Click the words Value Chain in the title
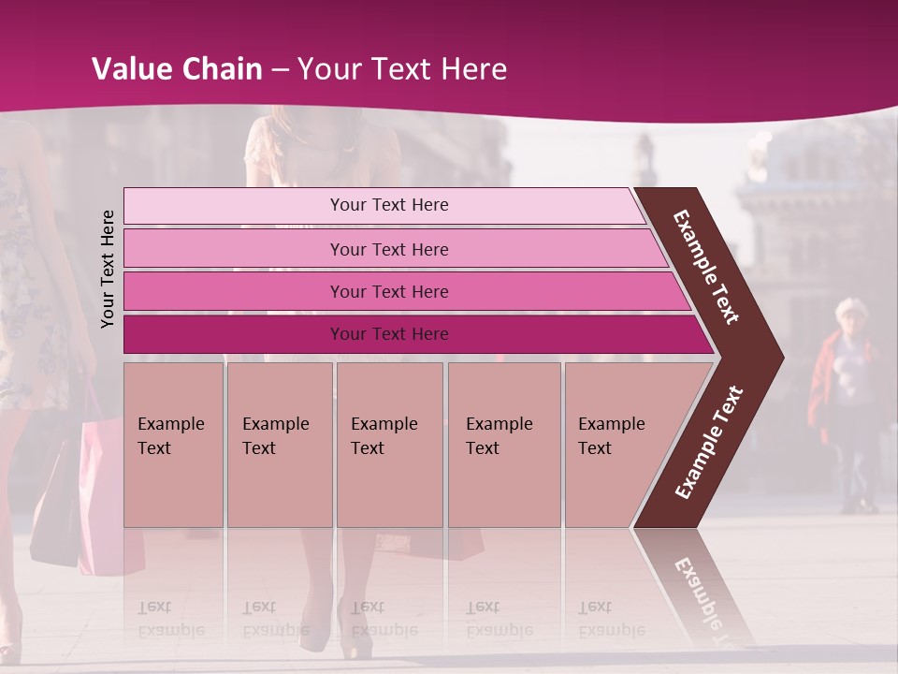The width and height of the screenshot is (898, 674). pyautogui.click(x=177, y=69)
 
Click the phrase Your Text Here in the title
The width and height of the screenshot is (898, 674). pyautogui.click(x=402, y=69)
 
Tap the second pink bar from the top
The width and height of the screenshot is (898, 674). pyautogui.click(x=389, y=249)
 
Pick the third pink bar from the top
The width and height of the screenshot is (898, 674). pyautogui.click(x=389, y=291)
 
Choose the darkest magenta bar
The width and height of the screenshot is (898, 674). pyautogui.click(x=389, y=334)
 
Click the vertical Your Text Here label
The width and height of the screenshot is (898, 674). pyautogui.click(x=109, y=269)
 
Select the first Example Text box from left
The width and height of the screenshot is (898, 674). pyautogui.click(x=173, y=445)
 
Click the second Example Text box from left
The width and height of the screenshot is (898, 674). pyautogui.click(x=279, y=445)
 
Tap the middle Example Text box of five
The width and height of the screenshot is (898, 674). pyautogui.click(x=389, y=445)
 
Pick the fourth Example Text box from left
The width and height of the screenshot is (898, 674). pyautogui.click(x=503, y=445)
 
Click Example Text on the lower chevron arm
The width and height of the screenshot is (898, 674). pyautogui.click(x=709, y=442)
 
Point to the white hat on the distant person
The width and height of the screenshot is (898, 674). pyautogui.click(x=851, y=308)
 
